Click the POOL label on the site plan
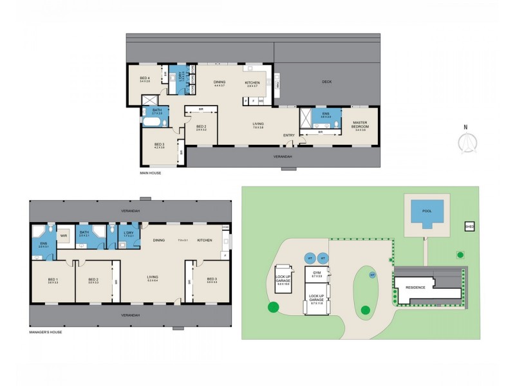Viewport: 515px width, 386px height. (427, 210)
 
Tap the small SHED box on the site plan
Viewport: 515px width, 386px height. (469, 226)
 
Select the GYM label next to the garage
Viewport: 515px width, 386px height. (316, 273)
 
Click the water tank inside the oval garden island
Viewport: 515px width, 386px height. (372, 275)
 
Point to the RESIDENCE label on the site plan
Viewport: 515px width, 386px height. (415, 288)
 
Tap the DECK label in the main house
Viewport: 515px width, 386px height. (326, 82)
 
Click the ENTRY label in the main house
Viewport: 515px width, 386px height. (289, 135)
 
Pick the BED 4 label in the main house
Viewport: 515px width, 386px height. (145, 79)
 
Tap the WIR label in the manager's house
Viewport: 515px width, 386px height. (64, 235)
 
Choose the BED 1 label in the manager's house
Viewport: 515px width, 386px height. (53, 280)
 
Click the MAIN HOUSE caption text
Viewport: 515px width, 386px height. (150, 173)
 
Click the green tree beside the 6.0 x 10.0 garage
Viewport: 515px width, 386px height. (274, 308)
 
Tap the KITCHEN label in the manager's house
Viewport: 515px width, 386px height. (204, 240)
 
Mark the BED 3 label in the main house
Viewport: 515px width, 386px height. (159, 145)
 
